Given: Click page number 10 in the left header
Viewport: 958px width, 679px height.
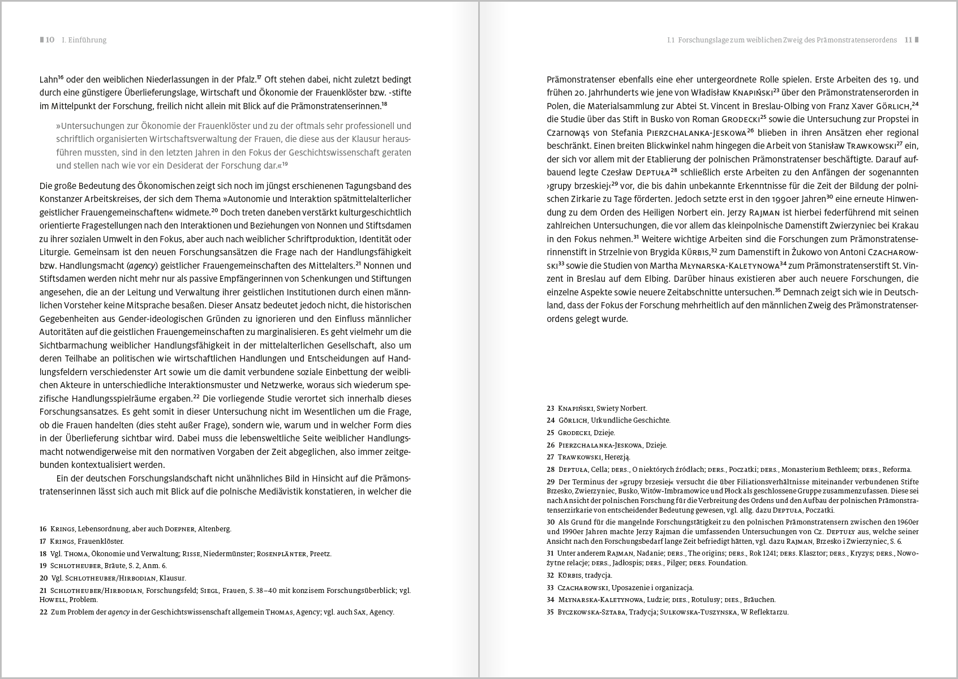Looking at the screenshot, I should point(50,40).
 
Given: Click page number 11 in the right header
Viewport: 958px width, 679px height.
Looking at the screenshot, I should point(908,40).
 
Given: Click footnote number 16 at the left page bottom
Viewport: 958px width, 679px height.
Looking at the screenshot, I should point(43,529).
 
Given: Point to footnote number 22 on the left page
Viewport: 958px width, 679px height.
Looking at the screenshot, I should point(43,612).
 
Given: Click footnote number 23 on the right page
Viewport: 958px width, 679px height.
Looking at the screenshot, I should point(551,408).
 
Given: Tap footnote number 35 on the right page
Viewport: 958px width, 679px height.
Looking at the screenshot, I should point(551,612).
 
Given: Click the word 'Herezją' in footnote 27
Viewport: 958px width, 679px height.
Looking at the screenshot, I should point(617,457).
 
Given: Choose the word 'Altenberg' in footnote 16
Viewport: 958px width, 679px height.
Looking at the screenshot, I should point(214,529).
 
